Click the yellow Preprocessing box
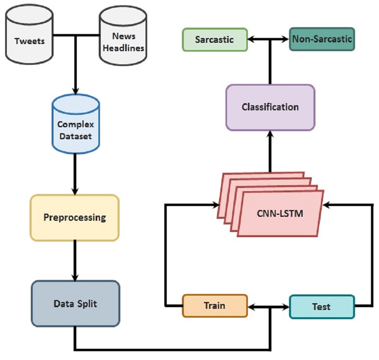[75, 218]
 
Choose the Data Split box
[75, 304]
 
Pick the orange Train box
[215, 306]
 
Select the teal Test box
[321, 307]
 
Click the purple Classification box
[270, 107]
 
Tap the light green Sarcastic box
[215, 40]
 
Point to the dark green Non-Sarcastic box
[322, 39]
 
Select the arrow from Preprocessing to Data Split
[75, 260]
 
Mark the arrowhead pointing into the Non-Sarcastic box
[285, 39]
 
